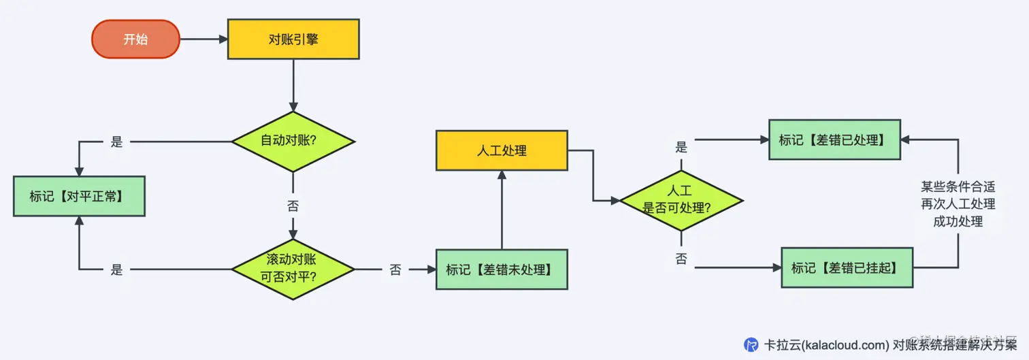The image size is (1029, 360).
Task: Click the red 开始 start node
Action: click(x=135, y=39)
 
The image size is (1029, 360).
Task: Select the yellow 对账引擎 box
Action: click(x=293, y=39)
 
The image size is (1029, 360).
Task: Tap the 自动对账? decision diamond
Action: click(x=293, y=142)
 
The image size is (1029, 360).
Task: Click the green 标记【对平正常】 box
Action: click(x=79, y=197)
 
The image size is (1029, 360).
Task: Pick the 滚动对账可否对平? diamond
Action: click(x=293, y=269)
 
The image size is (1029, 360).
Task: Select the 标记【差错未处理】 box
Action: click(x=502, y=269)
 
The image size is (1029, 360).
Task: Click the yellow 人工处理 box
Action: click(x=502, y=150)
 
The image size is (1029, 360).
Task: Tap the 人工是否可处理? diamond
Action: click(x=681, y=200)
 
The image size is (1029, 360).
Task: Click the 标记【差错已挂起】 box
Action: click(x=847, y=269)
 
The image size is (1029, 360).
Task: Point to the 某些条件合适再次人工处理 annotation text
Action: click(x=958, y=203)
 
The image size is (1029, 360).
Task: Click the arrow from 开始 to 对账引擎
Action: click(x=203, y=39)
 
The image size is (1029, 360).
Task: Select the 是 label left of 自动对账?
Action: click(x=116, y=142)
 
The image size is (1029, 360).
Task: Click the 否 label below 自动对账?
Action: click(x=293, y=206)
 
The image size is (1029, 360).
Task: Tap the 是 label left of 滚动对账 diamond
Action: click(x=116, y=270)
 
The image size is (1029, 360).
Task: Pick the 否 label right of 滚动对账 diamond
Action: click(x=395, y=270)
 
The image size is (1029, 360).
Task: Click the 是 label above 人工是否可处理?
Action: click(x=681, y=147)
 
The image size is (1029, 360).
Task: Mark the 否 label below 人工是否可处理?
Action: click(x=681, y=259)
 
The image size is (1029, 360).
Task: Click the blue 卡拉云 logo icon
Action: click(x=751, y=344)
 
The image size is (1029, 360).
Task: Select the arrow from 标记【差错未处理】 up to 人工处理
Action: click(x=502, y=211)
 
